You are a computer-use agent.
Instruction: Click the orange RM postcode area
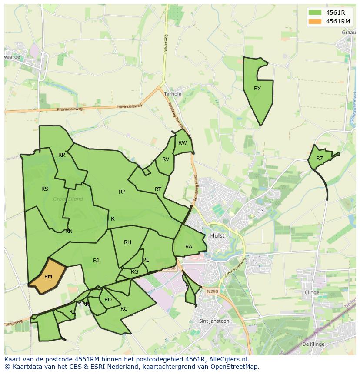pos(48,276)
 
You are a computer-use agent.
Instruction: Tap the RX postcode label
pos(257,89)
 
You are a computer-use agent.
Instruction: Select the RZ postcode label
pos(320,159)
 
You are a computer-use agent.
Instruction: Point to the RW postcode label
pos(183,143)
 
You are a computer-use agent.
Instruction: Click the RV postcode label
pos(166,159)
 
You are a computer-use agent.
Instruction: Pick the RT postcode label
pos(158,189)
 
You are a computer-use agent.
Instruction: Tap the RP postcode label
pos(122,192)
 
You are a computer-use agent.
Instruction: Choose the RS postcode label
pos(45,189)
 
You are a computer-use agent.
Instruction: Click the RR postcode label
pos(62,155)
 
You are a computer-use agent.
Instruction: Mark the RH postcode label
pos(127,242)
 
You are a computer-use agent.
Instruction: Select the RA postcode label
pos(189,247)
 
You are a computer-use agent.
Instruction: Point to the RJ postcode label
pos(96,261)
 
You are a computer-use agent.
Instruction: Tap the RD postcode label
pos(108,300)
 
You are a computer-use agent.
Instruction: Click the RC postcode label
pos(124,309)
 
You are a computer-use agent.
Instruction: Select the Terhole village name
pos(173,94)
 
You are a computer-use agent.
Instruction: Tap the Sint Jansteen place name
pos(214,321)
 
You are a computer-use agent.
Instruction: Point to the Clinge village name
pos(312,292)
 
